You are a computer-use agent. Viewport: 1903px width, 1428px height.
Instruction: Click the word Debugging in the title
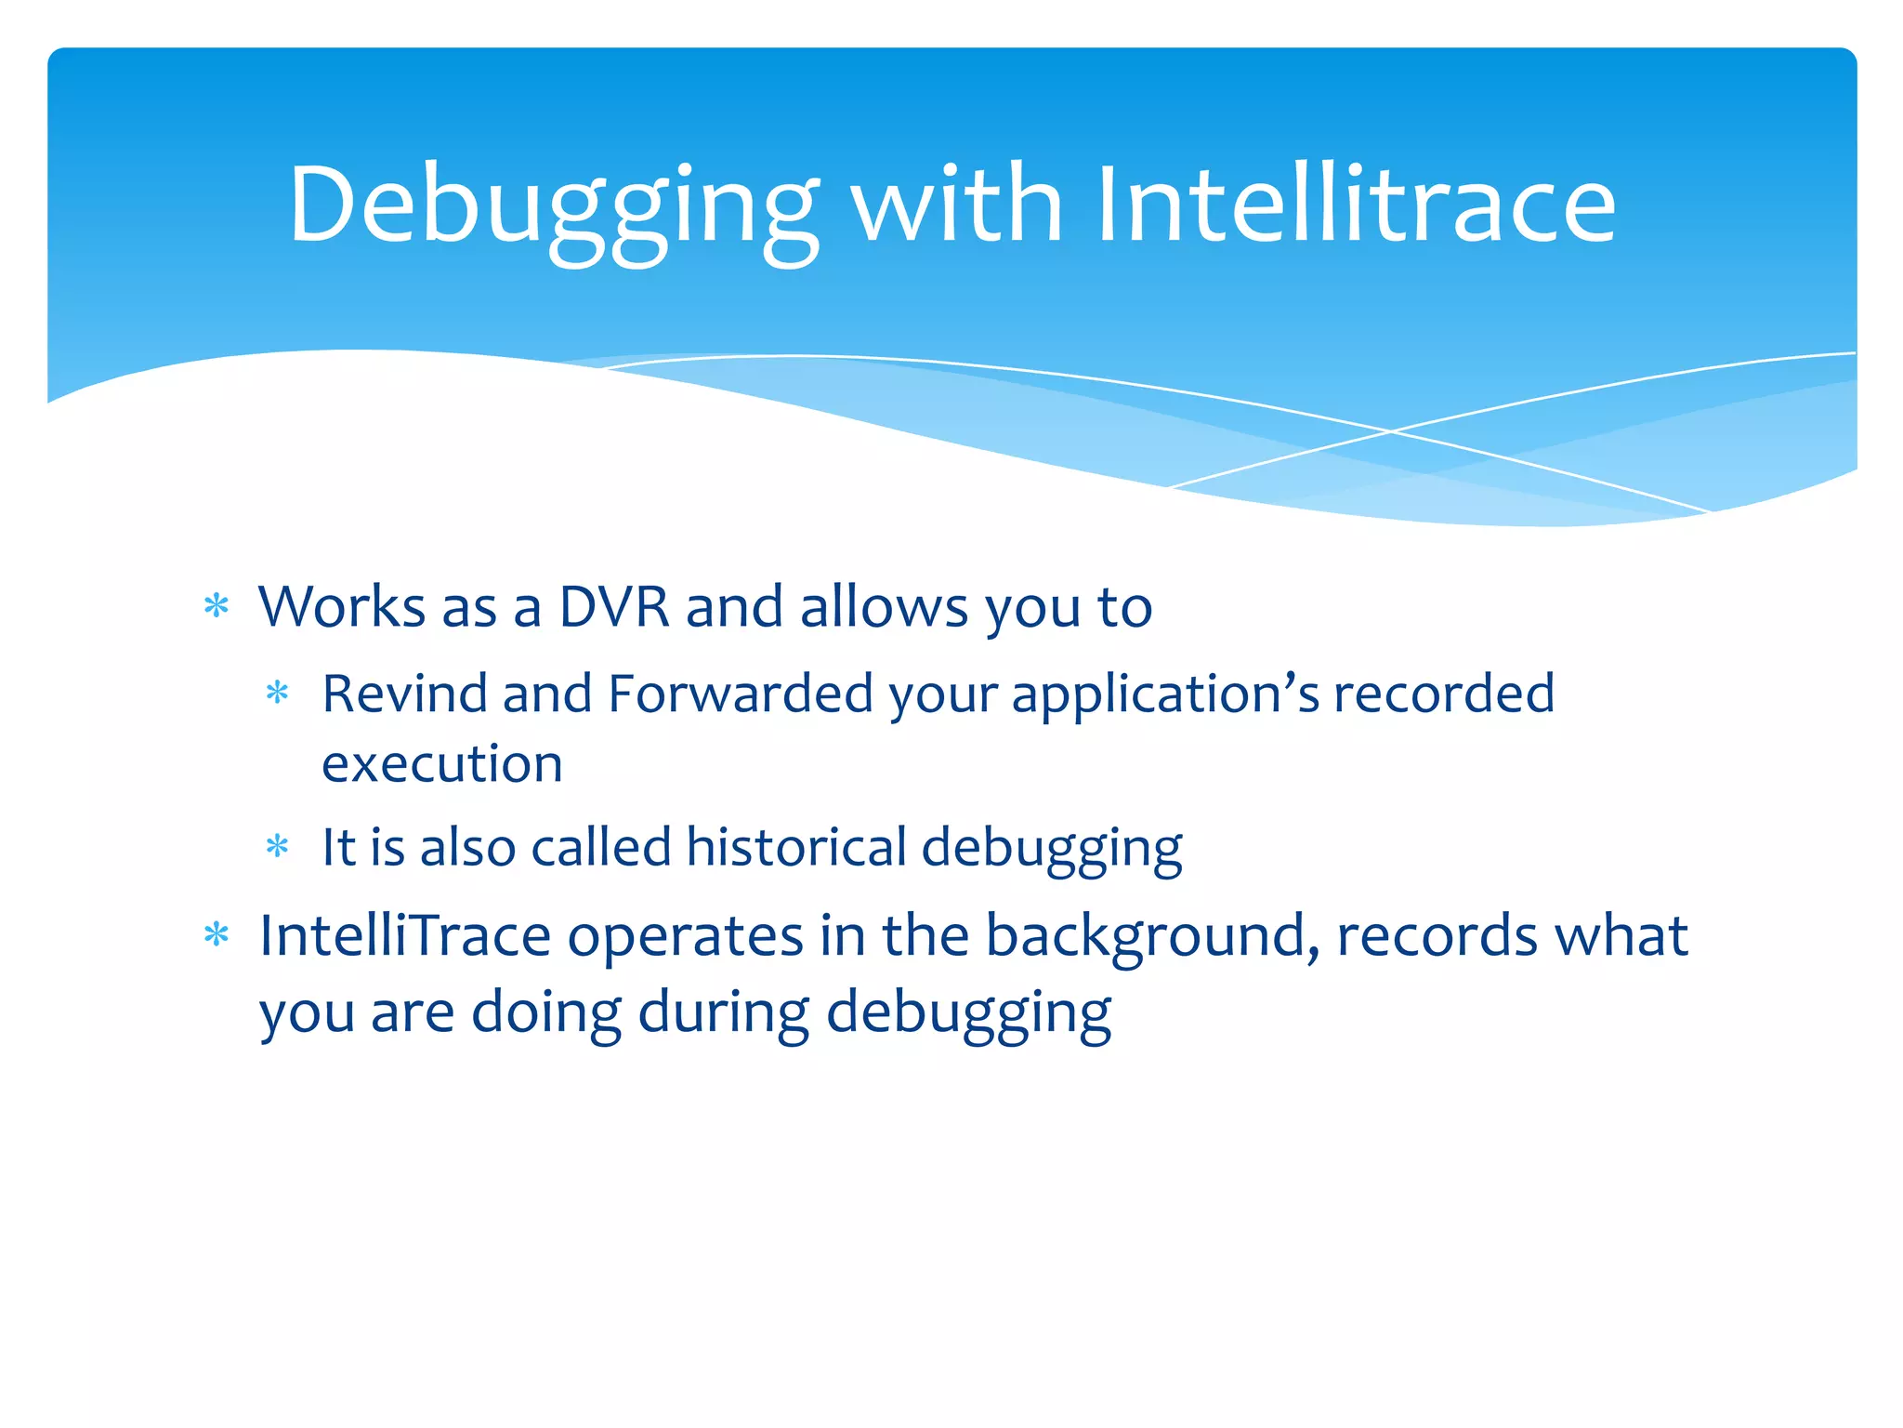[x=554, y=206]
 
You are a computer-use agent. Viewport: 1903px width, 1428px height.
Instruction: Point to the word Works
[x=341, y=607]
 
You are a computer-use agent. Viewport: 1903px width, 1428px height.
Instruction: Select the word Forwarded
[x=740, y=694]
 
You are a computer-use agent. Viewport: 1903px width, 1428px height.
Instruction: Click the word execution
[x=442, y=764]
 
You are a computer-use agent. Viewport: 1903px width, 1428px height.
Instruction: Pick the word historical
[x=795, y=847]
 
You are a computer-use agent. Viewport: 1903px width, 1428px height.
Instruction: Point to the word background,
[x=1152, y=935]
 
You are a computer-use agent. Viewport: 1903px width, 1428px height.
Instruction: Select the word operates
[x=685, y=935]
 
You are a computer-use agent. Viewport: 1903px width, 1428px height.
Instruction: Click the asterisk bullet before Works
[x=217, y=607]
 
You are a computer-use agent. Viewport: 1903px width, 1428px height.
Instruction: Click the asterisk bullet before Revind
[x=278, y=694]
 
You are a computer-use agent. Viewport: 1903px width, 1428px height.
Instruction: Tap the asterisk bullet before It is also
[x=278, y=847]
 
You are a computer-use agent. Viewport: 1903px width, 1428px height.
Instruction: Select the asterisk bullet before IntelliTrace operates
[x=217, y=935]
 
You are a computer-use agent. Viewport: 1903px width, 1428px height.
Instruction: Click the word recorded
[x=1444, y=694]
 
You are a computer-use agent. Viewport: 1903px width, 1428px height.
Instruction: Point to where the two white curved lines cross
[x=1391, y=431]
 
